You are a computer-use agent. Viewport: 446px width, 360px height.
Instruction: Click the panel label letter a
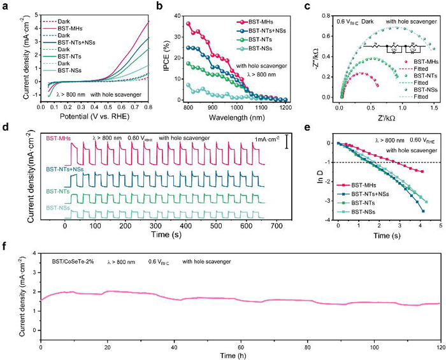tap(5, 6)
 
